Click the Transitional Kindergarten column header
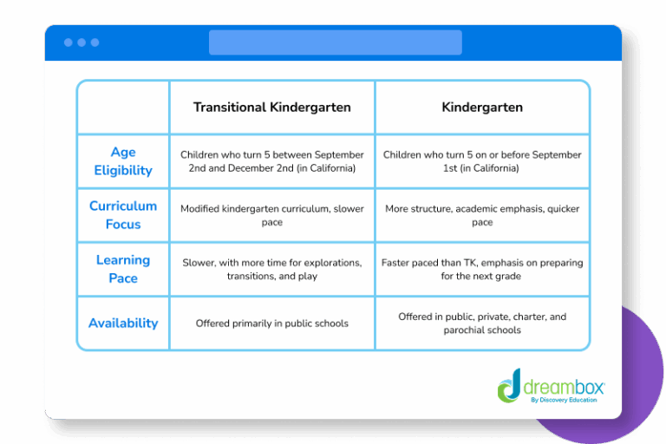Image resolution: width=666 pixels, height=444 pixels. [x=271, y=108]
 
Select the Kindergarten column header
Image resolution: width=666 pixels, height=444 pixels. [x=482, y=108]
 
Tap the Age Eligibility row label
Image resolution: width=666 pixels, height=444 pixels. [x=123, y=161]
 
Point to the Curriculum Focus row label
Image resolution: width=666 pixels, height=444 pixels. [x=123, y=215]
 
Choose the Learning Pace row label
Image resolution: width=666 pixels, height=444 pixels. [x=123, y=269]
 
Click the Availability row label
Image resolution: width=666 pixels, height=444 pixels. [x=123, y=323]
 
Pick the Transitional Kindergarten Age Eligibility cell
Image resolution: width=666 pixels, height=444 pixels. [x=271, y=161]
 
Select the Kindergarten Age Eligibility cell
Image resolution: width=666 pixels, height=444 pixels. [x=482, y=161]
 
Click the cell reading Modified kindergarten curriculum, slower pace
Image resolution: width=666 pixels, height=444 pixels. [x=271, y=215]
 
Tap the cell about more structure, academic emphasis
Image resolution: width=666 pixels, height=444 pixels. [x=482, y=215]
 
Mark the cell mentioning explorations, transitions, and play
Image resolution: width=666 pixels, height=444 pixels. [x=271, y=269]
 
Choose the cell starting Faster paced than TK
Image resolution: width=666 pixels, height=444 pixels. [x=482, y=269]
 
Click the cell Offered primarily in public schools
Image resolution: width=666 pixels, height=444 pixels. [x=271, y=323]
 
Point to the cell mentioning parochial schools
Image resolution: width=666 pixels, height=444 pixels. [x=482, y=323]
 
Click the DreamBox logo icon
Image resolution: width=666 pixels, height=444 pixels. [x=510, y=384]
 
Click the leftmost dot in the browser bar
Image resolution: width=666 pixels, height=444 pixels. [x=69, y=42]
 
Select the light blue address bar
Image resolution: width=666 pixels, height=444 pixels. [x=335, y=42]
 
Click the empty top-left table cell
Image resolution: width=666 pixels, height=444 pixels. [x=123, y=108]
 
